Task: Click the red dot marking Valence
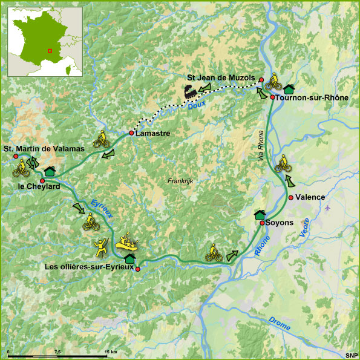[291, 198]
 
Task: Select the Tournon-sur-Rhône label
[310, 97]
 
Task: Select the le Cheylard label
[39, 187]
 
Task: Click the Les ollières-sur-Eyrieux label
[88, 266]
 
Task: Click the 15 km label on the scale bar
[110, 352]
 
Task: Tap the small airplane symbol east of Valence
[328, 209]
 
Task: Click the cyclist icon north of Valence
[282, 163]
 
